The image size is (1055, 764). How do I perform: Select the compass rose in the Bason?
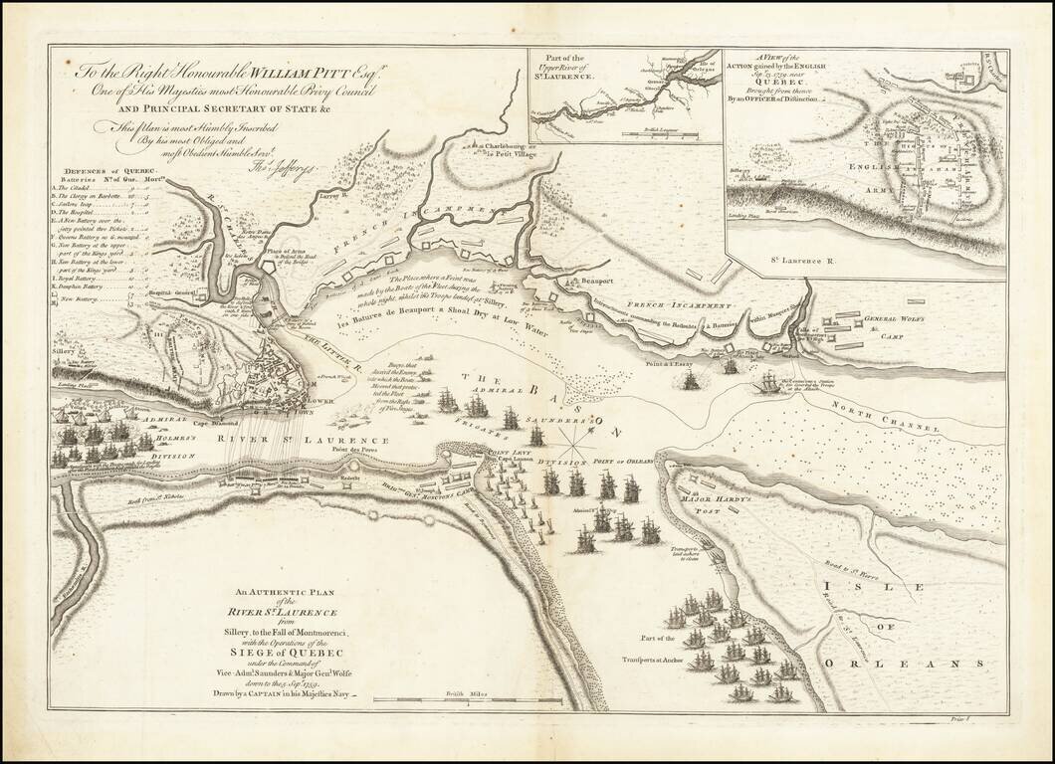tap(576, 430)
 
